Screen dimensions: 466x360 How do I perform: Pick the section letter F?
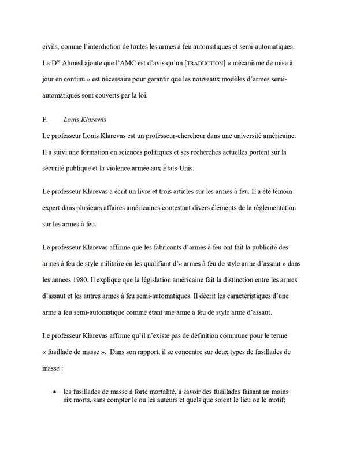pos(45,121)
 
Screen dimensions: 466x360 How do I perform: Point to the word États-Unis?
pos(179,169)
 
